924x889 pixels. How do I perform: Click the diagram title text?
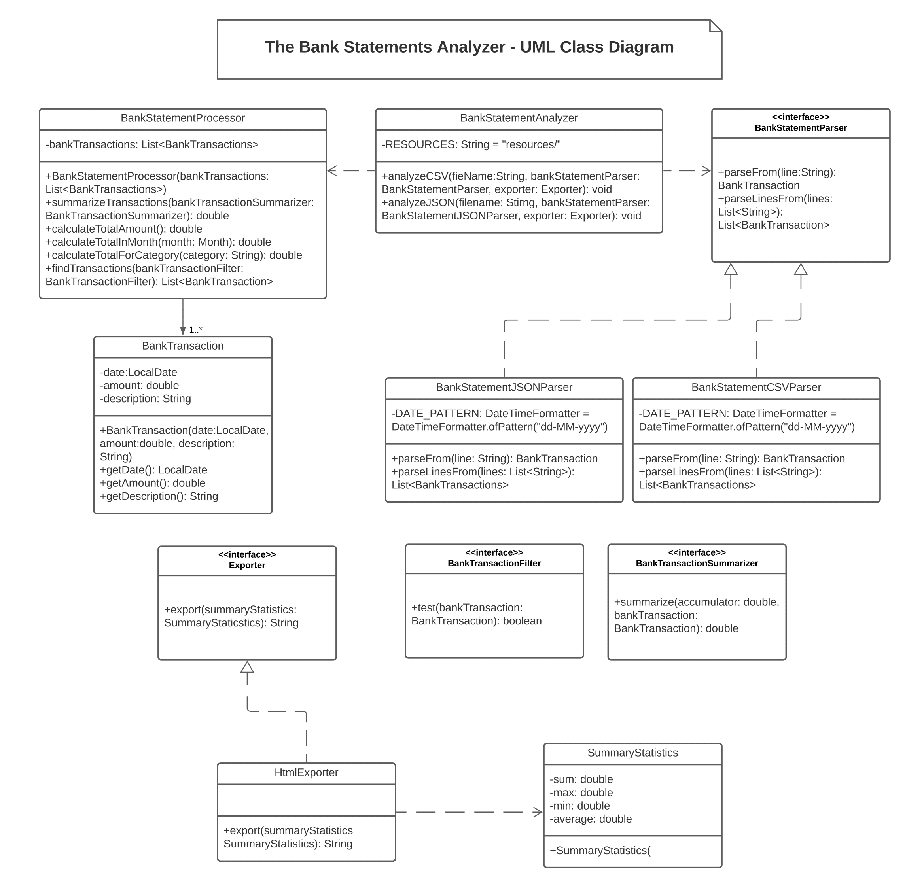[469, 47]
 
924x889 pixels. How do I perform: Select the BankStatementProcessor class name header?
[182, 118]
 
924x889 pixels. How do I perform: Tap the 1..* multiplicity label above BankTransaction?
[196, 330]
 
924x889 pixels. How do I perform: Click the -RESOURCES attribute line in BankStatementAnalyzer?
[471, 145]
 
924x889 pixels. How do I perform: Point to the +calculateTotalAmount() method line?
[123, 229]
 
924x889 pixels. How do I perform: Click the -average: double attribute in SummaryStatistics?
[590, 819]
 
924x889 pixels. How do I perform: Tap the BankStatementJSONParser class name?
[504, 388]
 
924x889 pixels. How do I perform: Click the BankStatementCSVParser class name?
[756, 388]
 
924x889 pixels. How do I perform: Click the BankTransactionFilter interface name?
[494, 563]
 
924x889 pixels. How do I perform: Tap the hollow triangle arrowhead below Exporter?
[247, 667]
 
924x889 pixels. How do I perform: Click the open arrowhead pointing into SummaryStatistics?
[538, 812]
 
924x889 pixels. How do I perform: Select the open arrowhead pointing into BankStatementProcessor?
[332, 170]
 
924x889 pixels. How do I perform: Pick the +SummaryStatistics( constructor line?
[600, 851]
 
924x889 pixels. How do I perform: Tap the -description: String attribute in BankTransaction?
[145, 399]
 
